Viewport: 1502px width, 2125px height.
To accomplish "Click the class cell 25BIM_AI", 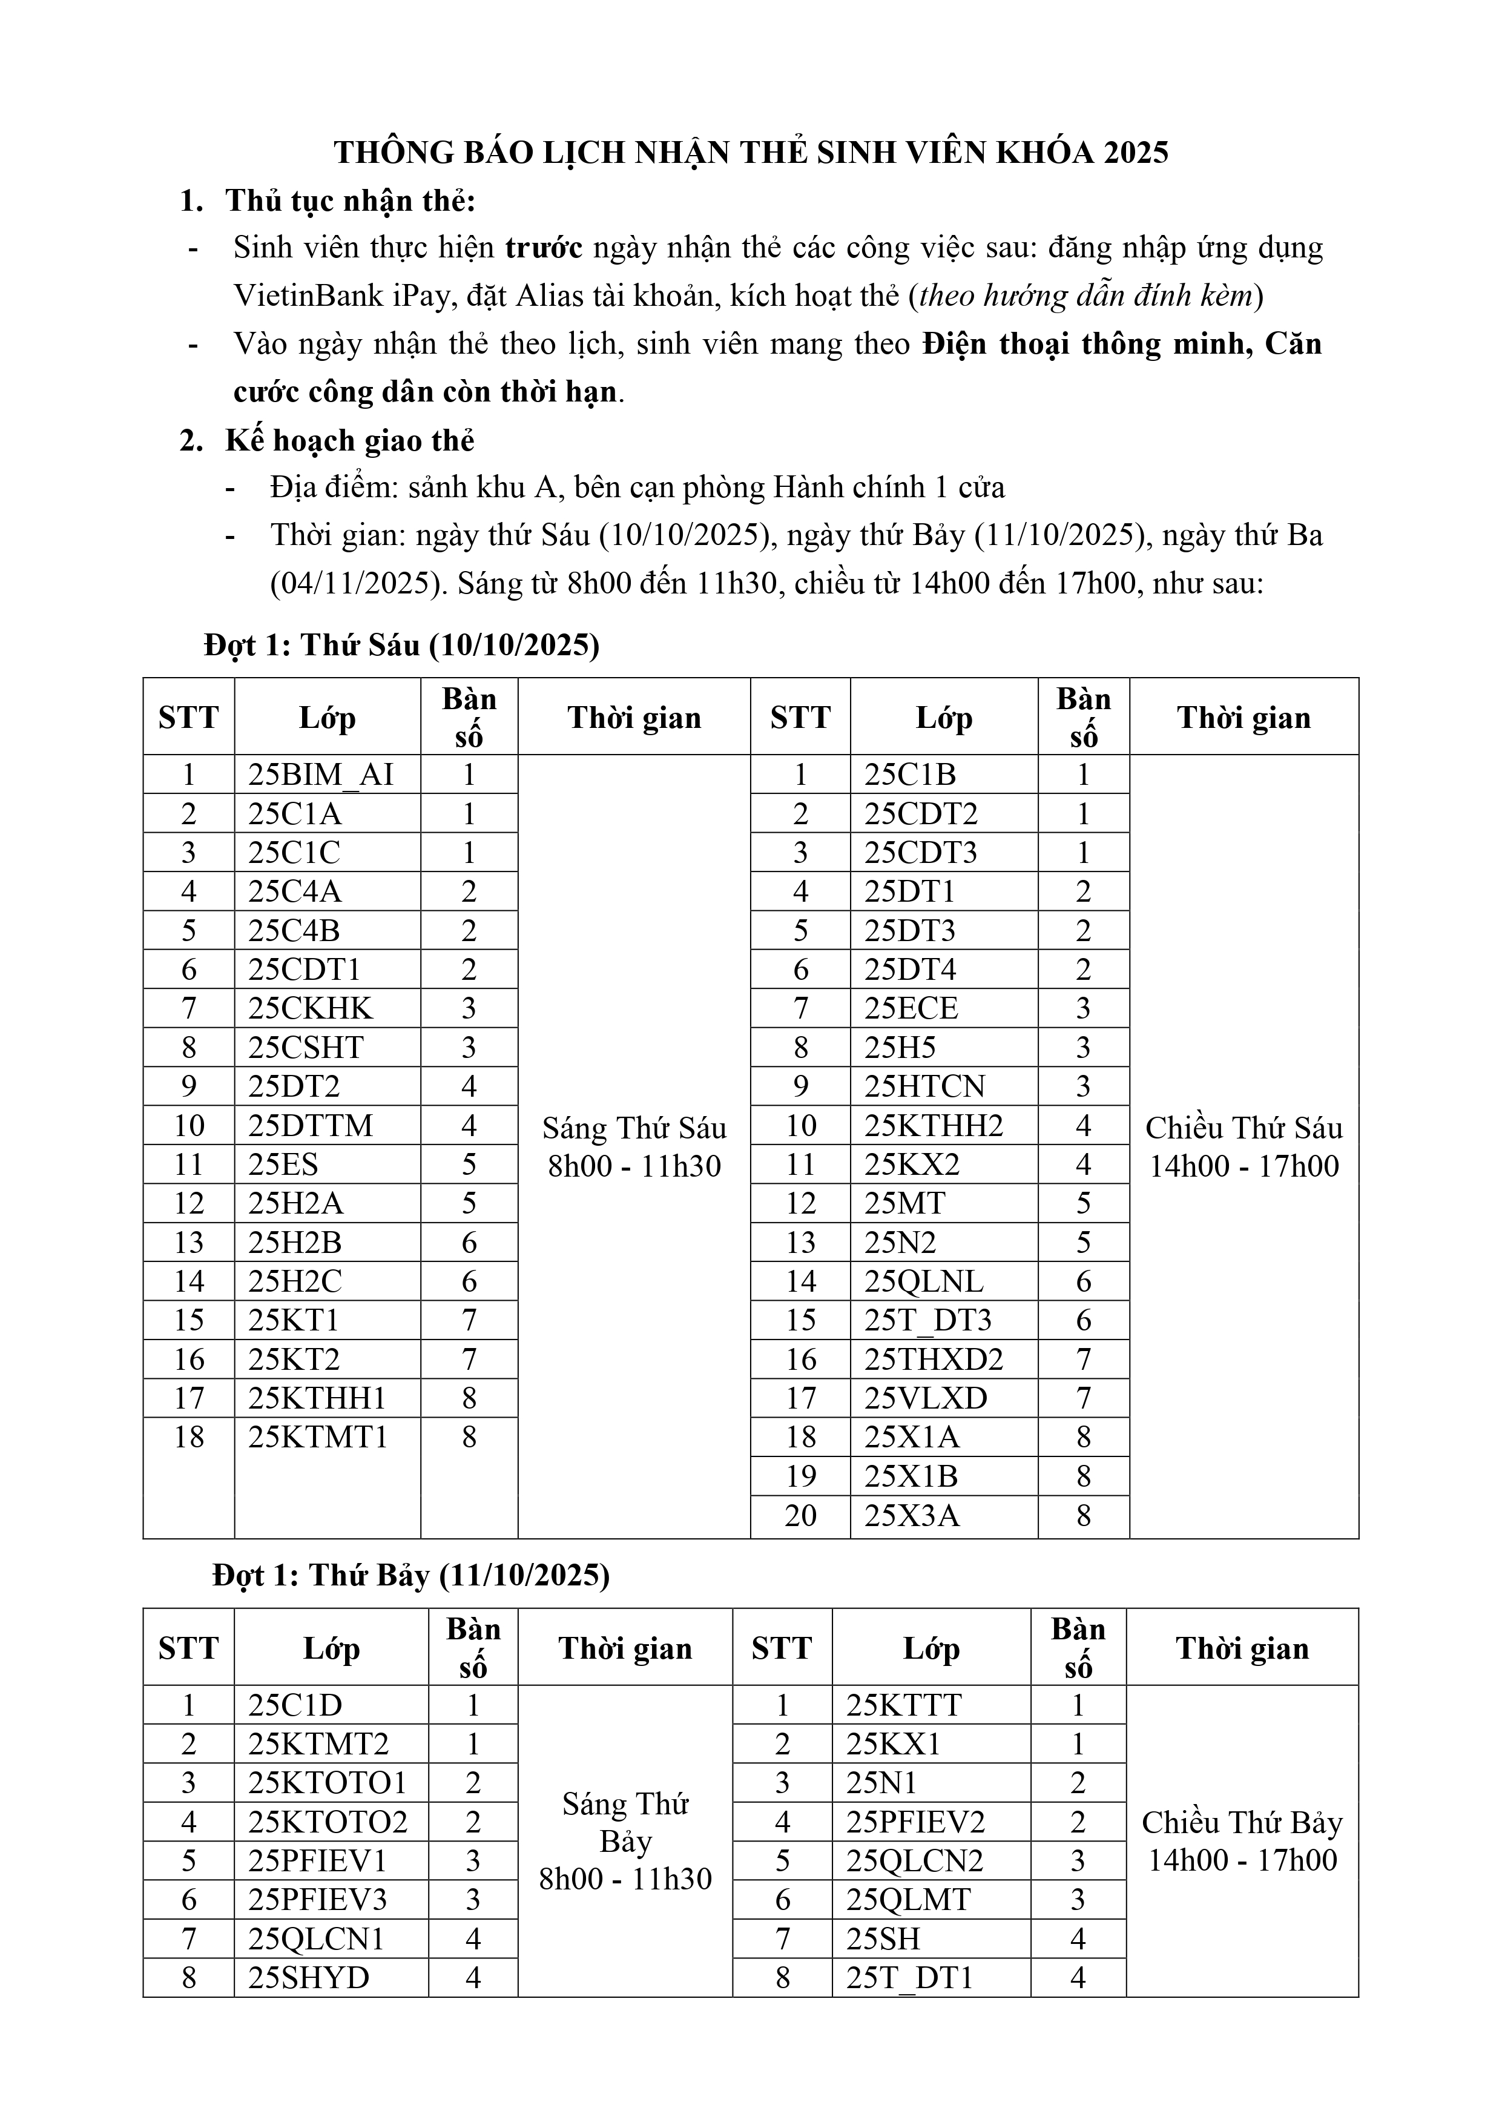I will click(x=320, y=775).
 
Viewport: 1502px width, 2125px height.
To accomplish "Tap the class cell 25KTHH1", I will click(x=317, y=1398).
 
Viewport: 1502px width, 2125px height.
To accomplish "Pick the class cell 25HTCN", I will click(x=924, y=1086).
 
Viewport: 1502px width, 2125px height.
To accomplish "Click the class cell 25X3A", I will click(x=912, y=1515).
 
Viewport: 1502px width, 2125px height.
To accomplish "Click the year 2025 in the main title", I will click(x=1136, y=153).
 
